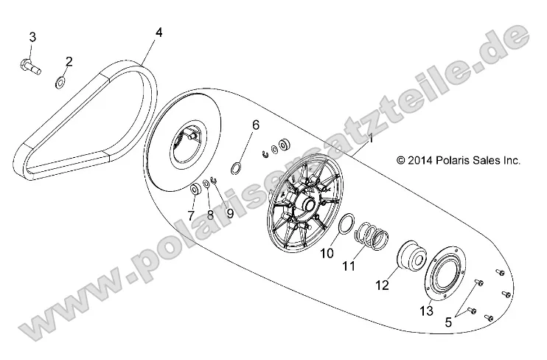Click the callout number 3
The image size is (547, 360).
pyautogui.click(x=32, y=37)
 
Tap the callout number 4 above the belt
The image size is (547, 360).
pyautogui.click(x=158, y=33)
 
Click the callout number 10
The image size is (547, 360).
pyautogui.click(x=327, y=253)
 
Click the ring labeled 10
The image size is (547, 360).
pyautogui.click(x=346, y=228)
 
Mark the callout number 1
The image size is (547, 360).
pyautogui.click(x=371, y=138)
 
